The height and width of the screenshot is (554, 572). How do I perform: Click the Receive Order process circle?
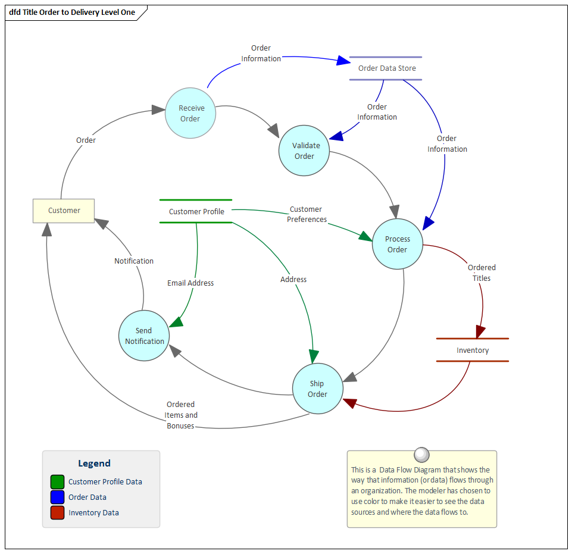pos(190,113)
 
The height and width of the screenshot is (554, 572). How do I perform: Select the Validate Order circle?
pos(304,151)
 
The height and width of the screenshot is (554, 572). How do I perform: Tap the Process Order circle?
pos(398,244)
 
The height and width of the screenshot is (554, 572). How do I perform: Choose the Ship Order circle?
pos(318,389)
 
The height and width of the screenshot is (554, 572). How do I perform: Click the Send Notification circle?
pos(144,336)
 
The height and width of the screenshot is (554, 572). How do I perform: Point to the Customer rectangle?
pos(64,211)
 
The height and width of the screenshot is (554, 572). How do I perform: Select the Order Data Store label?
pos(387,68)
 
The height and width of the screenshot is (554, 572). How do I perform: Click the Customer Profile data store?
pos(196,211)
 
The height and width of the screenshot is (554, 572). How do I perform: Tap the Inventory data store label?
pos(473,350)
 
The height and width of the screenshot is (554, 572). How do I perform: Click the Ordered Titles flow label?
pos(482,273)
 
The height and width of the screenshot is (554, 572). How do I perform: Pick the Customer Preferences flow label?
pos(307,214)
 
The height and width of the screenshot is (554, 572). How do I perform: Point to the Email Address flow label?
pos(190,283)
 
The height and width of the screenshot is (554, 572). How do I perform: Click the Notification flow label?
pos(134,261)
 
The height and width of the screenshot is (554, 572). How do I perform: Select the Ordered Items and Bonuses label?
pos(181,415)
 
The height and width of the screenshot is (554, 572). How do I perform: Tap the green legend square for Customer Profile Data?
pos(57,481)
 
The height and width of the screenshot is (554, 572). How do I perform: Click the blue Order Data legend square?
pos(57,497)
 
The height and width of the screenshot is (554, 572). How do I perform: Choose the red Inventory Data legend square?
pos(57,512)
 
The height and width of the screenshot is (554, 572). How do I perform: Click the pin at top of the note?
pos(421,455)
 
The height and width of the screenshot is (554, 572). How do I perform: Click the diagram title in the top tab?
pos(72,12)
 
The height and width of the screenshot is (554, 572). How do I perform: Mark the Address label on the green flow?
pos(293,280)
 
